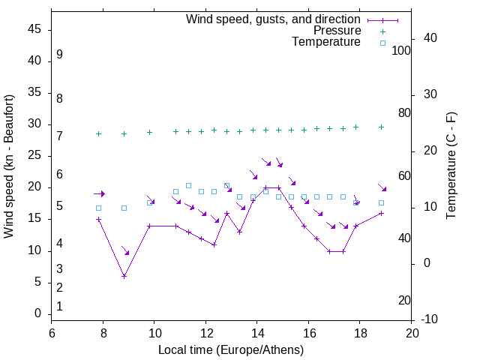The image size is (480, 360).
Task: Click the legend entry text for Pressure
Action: coord(337,31)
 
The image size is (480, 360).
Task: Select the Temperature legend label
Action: coord(326,42)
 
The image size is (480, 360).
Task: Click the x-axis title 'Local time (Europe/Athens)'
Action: coord(231,349)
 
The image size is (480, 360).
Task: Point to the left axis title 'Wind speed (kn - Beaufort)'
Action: coord(9,166)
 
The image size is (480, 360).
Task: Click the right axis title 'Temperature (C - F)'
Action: coord(451,166)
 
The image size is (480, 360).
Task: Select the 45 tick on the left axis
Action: coord(34,29)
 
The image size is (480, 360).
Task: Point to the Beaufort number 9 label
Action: coord(59,55)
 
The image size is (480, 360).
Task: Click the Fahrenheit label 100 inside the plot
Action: coord(401,50)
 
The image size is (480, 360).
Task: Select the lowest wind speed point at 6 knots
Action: coord(124,276)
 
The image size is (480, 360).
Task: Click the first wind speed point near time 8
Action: coord(98,220)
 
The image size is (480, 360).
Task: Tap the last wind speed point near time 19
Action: coord(382,213)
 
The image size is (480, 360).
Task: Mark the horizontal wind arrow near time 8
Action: coord(99,193)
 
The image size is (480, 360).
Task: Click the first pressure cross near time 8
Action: coord(98,133)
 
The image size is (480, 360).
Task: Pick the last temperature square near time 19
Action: coord(382,202)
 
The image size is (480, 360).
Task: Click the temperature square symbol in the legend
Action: coord(382,43)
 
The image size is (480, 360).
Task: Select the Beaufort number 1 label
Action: coord(59,306)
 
